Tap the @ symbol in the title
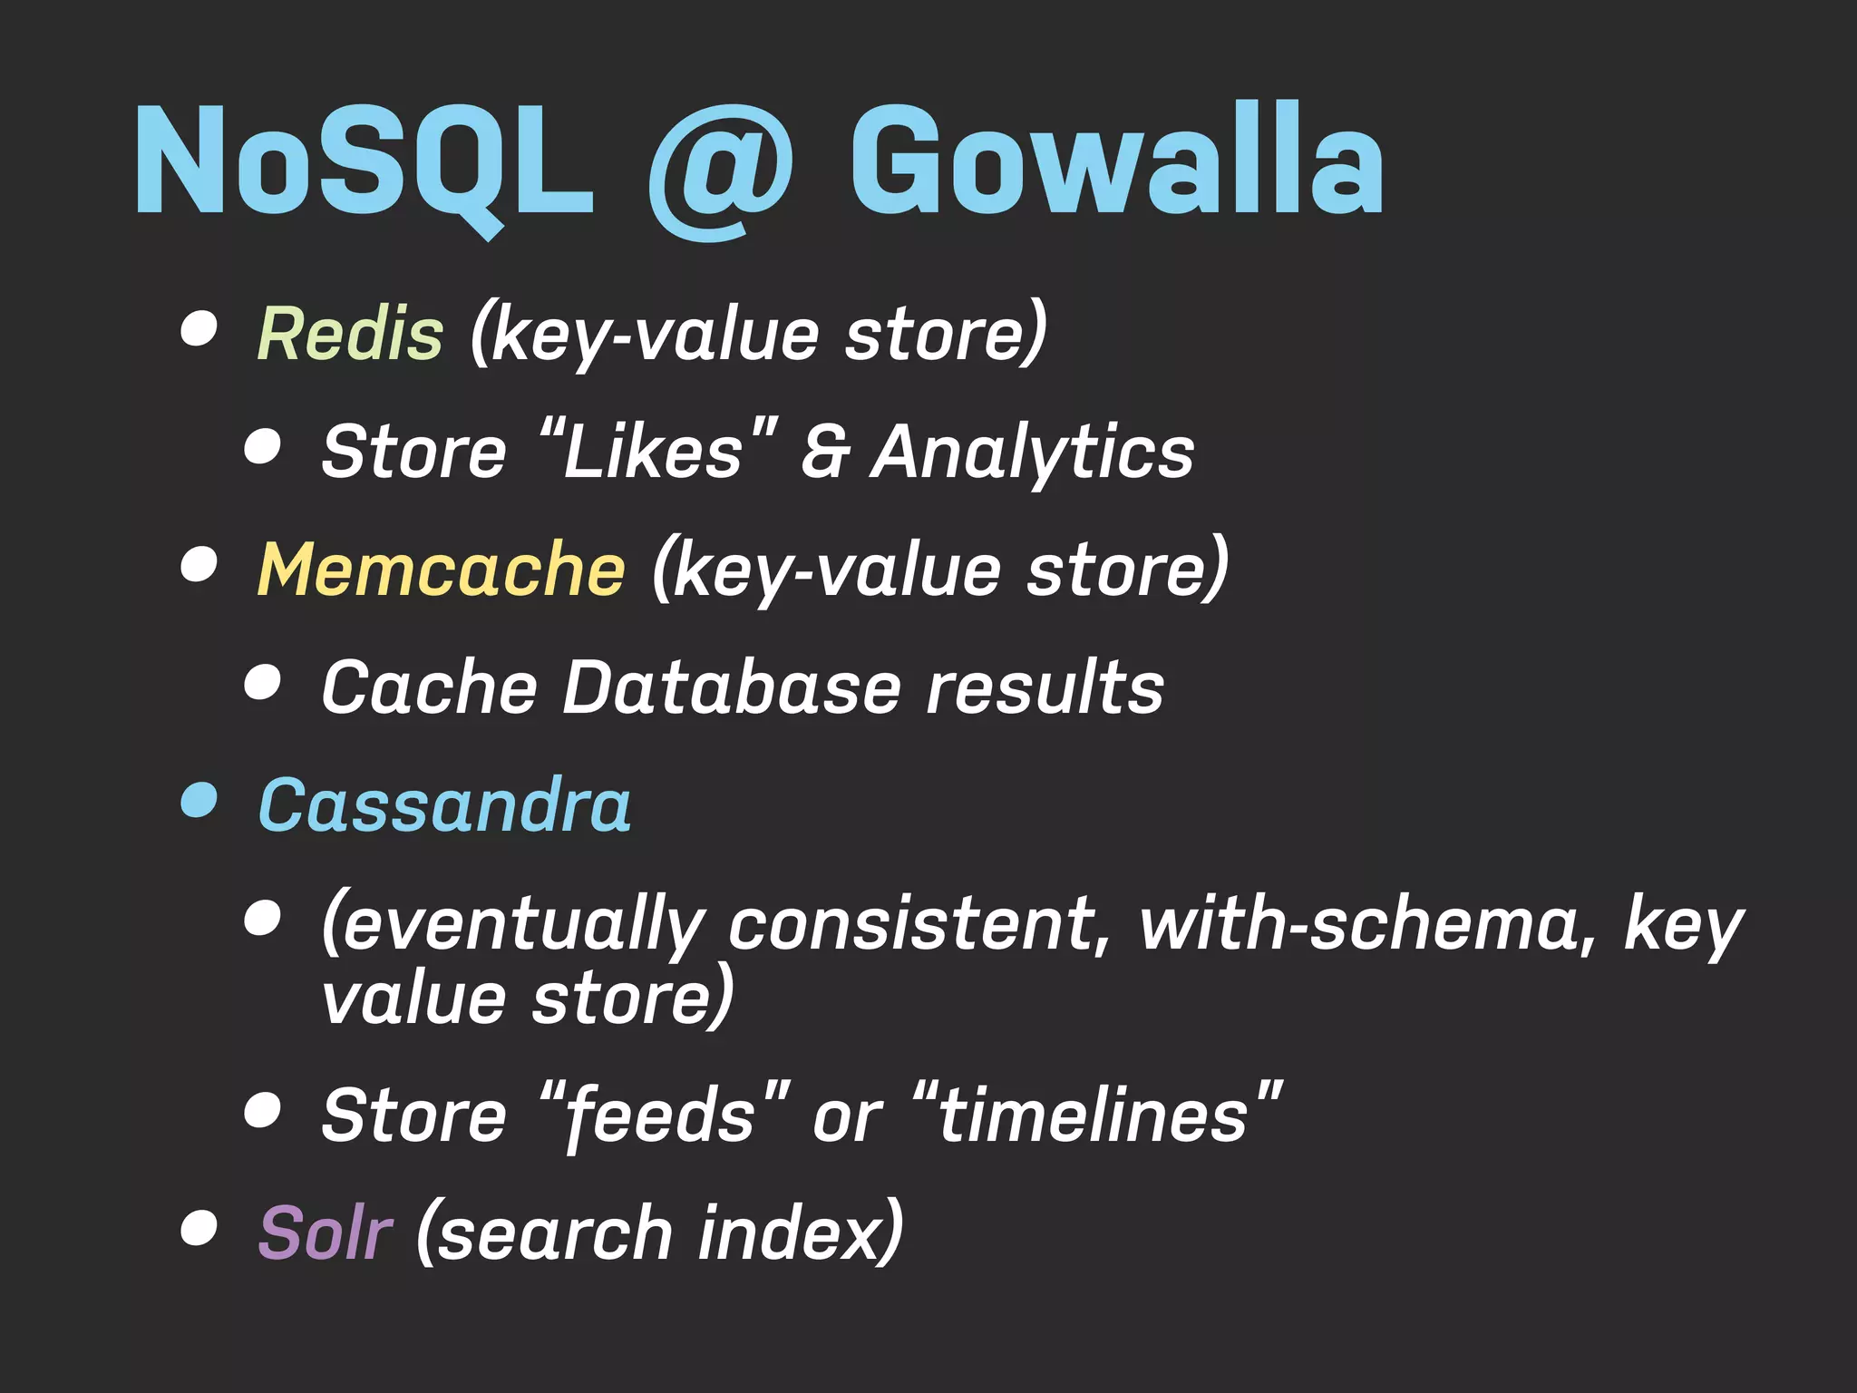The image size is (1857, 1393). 721,172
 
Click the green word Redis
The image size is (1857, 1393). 350,334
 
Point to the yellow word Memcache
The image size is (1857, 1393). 441,570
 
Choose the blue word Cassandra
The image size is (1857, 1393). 444,805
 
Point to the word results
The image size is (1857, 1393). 1045,687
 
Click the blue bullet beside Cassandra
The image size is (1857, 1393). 199,801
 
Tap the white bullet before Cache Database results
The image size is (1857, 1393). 262,682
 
